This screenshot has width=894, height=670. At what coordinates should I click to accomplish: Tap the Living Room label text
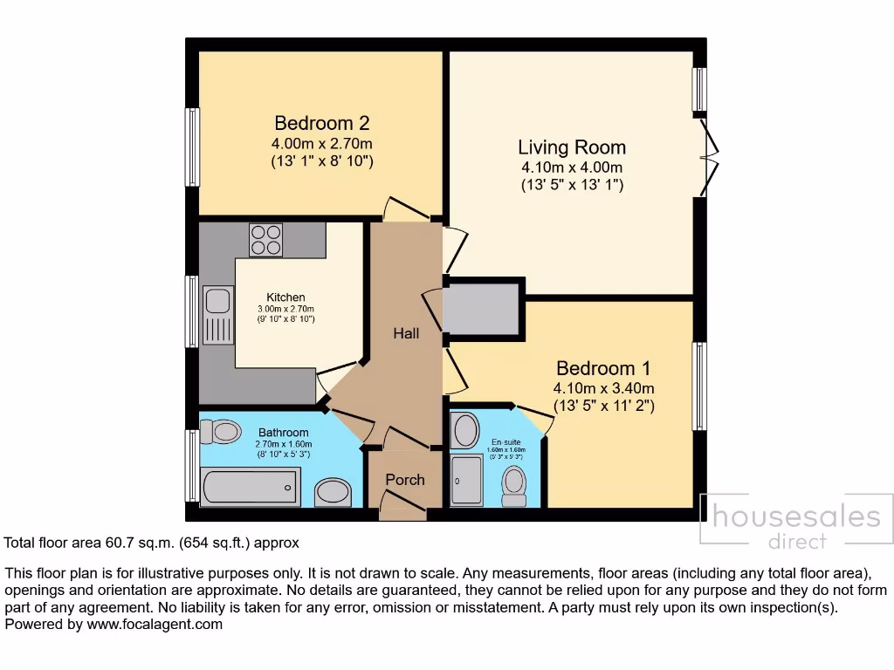click(572, 147)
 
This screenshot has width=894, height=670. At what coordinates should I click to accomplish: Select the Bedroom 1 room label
click(603, 368)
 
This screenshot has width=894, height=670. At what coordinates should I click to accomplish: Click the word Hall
click(406, 333)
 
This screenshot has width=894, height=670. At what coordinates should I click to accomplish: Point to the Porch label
click(405, 480)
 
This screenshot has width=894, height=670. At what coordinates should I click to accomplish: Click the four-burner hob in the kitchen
click(265, 240)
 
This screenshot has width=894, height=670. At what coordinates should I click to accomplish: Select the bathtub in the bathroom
click(251, 487)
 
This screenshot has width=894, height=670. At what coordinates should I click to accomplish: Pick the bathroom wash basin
click(332, 492)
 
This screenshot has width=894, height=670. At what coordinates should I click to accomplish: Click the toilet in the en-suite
click(515, 482)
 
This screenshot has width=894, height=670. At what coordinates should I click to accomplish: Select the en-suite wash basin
click(466, 430)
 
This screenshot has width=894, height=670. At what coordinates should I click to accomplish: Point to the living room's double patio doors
click(709, 160)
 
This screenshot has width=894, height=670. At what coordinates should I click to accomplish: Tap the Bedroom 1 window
click(699, 386)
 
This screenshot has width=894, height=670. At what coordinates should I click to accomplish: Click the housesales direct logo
click(796, 523)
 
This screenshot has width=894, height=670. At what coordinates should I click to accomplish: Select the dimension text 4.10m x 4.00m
click(572, 167)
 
